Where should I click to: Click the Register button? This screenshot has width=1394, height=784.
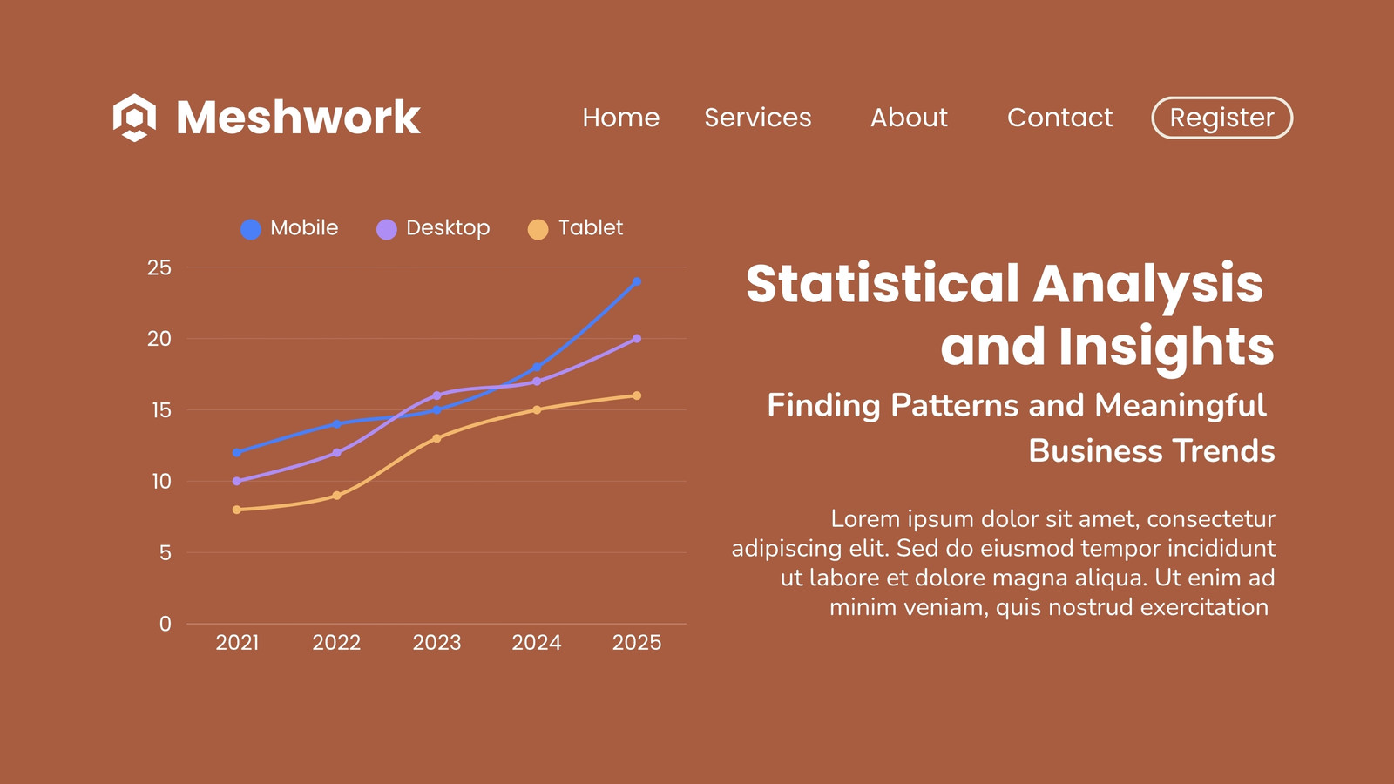click(x=1221, y=118)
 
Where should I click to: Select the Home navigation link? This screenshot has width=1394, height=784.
click(x=620, y=118)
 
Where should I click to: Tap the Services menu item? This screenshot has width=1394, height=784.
click(x=757, y=118)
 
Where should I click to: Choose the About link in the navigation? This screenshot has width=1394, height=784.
click(x=909, y=118)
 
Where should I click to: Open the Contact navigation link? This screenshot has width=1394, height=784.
click(x=1059, y=118)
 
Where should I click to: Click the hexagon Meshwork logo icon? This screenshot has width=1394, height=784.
click(x=134, y=118)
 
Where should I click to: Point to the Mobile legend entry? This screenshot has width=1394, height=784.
click(x=289, y=228)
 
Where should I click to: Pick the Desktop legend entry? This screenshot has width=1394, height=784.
click(x=433, y=228)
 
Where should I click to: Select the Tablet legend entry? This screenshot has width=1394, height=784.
click(x=575, y=228)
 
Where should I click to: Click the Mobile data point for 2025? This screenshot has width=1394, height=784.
click(x=637, y=282)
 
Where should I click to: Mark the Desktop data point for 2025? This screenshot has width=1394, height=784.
click(x=637, y=339)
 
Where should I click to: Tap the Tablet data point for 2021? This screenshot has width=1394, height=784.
click(x=236, y=510)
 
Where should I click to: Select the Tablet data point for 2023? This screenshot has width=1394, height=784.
click(x=436, y=438)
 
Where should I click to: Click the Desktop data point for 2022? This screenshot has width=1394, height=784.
click(x=336, y=452)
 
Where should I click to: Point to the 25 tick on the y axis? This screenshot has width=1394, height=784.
click(x=159, y=267)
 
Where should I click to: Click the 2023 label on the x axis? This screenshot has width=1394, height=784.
click(x=436, y=642)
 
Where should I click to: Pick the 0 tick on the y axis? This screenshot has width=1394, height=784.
click(x=165, y=624)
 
